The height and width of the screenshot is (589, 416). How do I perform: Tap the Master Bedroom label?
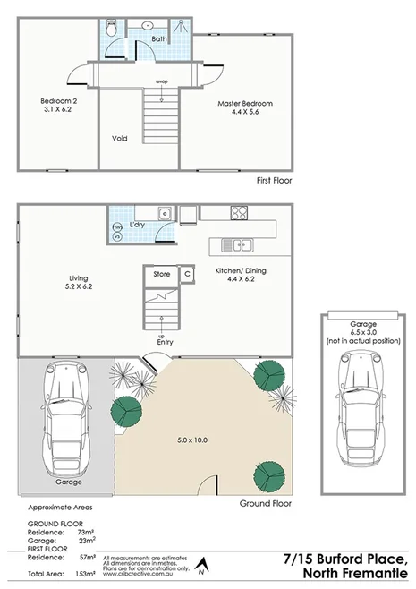245,104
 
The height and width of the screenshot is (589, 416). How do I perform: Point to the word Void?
120,139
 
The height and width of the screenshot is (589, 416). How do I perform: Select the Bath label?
159,39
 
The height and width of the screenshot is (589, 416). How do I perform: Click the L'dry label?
137,225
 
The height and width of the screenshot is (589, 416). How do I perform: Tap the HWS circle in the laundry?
116,227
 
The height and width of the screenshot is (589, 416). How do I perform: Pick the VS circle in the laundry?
116,237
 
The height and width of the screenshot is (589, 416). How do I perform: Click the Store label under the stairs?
161,274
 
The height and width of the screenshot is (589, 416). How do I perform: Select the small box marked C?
188,274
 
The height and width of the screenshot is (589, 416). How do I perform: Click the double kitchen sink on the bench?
238,244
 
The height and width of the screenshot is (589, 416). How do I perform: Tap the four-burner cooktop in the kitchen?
240,213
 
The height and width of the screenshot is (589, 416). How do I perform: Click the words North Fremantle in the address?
355,573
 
